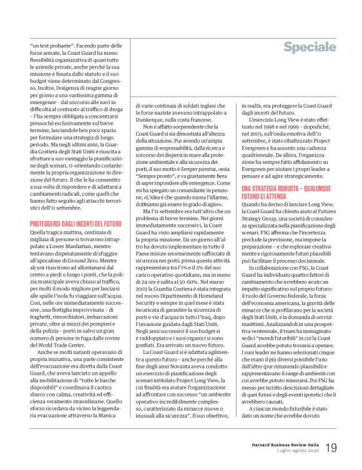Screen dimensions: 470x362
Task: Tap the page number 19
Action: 331,448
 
